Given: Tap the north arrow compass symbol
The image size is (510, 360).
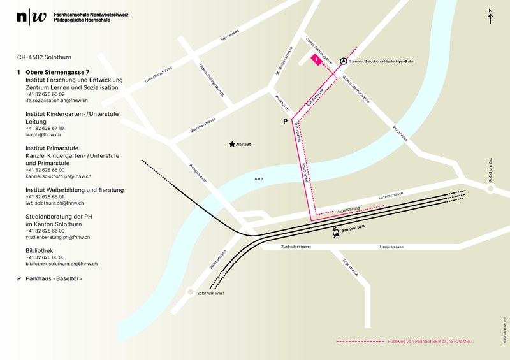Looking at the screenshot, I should (490, 16).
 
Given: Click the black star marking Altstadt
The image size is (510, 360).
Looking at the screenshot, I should (232, 145).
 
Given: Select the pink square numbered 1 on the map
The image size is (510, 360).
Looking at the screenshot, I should (316, 59).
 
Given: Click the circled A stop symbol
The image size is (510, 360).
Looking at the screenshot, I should (344, 61).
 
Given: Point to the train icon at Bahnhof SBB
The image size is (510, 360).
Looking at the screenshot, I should (336, 233).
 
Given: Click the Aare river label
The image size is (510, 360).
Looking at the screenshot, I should (258, 179).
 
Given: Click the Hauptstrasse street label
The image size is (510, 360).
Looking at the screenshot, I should (393, 246).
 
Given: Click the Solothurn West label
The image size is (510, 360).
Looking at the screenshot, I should (211, 293).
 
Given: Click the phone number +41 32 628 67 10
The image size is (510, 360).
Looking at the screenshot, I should (45, 128).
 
